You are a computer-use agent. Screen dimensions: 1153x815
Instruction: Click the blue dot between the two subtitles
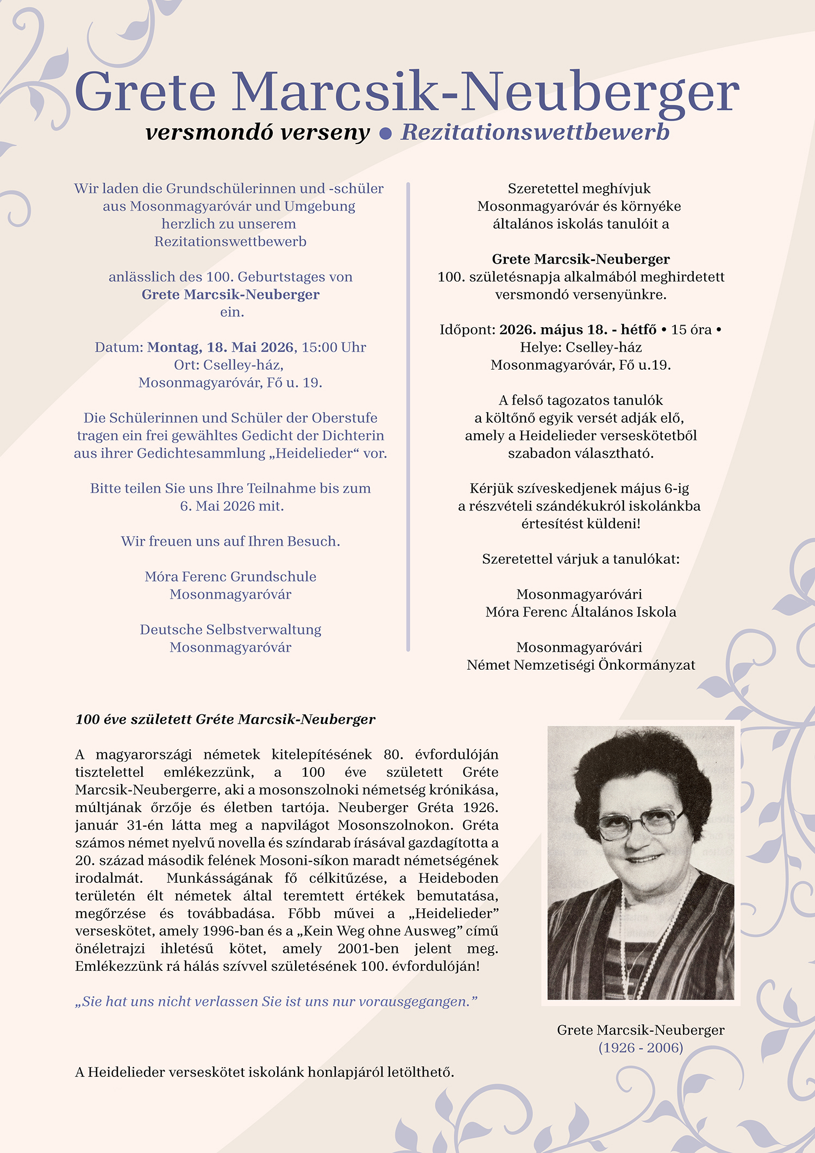[385, 134]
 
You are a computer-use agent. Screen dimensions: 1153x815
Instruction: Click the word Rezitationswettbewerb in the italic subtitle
[535, 132]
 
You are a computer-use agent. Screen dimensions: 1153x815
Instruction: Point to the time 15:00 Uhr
[334, 347]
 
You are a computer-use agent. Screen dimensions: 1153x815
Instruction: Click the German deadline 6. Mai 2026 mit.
[232, 506]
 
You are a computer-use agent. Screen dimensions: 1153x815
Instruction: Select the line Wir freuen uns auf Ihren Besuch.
[230, 541]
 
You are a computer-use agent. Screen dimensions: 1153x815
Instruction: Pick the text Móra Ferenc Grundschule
[230, 577]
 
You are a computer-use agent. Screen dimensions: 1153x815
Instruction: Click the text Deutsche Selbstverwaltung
[230, 630]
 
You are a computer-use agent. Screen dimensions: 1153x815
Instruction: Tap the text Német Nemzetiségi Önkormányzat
[581, 665]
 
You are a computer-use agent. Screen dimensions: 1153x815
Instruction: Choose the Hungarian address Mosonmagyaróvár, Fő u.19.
[581, 365]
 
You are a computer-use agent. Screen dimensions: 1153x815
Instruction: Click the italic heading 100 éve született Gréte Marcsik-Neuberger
[225, 720]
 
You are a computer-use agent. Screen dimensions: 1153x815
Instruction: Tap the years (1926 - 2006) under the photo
[641, 1048]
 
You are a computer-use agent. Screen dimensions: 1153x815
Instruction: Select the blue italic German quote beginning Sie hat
[277, 1001]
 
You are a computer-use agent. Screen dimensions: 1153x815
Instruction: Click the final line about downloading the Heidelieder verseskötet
[265, 1072]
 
